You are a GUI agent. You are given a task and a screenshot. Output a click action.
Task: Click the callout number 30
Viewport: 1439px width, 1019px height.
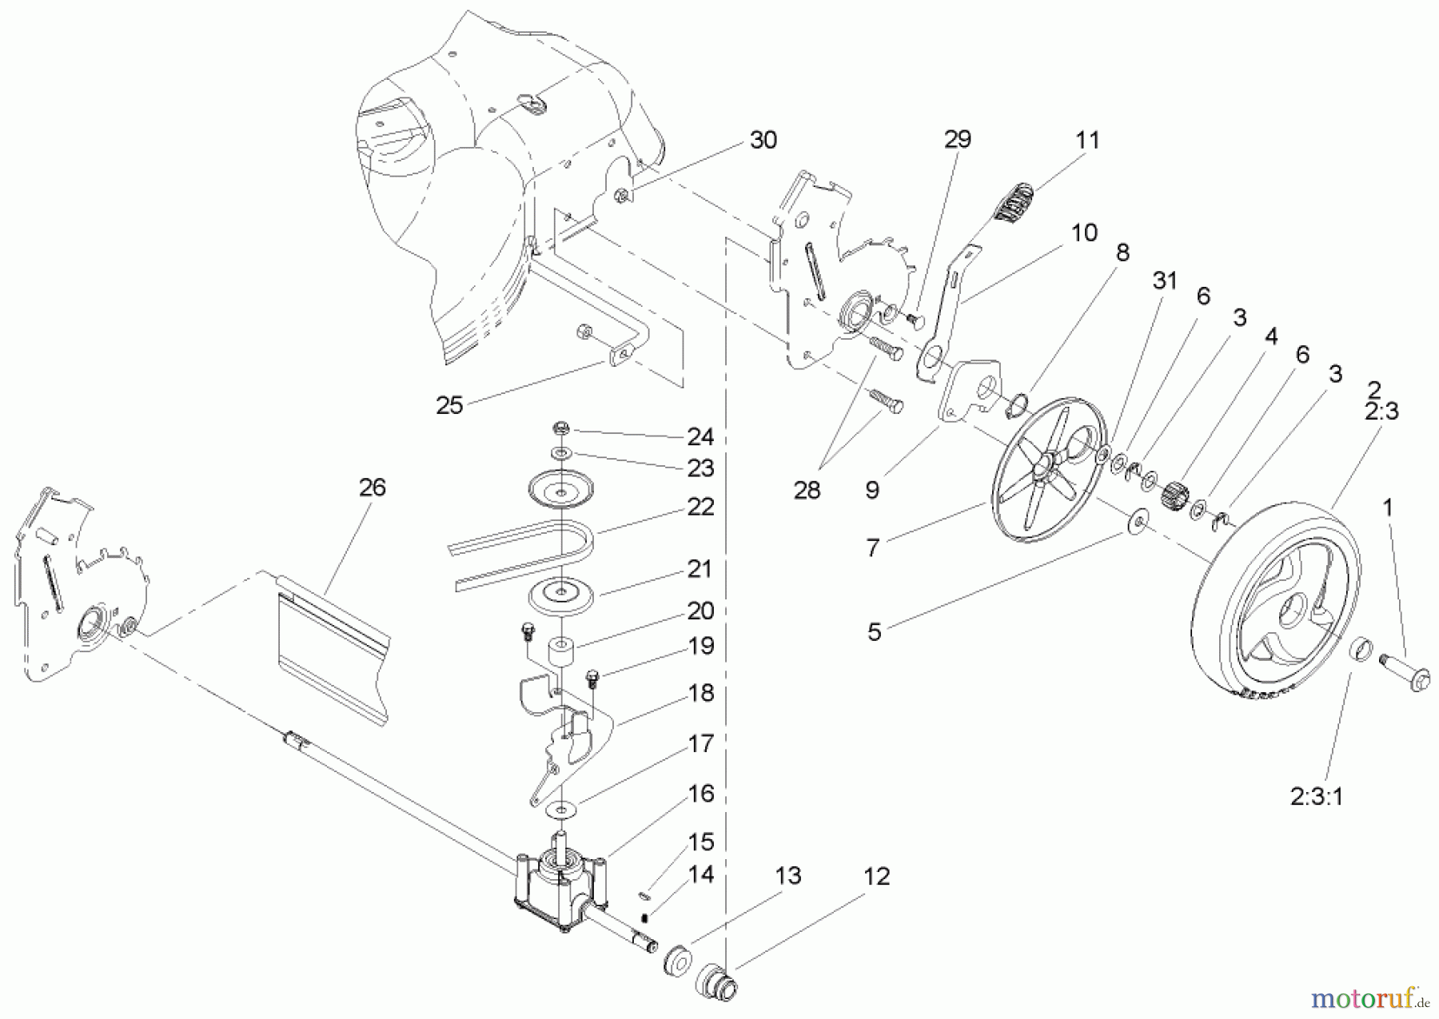tap(763, 140)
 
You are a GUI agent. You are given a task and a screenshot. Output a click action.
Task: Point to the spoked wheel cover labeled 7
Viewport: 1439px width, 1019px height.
tap(1039, 472)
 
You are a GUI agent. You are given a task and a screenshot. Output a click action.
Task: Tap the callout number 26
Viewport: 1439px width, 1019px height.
tap(372, 487)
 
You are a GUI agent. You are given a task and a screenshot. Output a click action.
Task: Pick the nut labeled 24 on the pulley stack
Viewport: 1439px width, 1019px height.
tap(561, 428)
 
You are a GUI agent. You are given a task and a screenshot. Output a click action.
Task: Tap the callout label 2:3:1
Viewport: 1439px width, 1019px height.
tap(1317, 797)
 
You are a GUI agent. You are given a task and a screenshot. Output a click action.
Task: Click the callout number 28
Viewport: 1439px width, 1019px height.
tap(807, 490)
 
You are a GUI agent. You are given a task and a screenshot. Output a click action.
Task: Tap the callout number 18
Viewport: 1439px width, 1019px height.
tap(701, 693)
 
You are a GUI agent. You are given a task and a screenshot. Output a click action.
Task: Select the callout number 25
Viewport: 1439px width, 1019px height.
tap(449, 405)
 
